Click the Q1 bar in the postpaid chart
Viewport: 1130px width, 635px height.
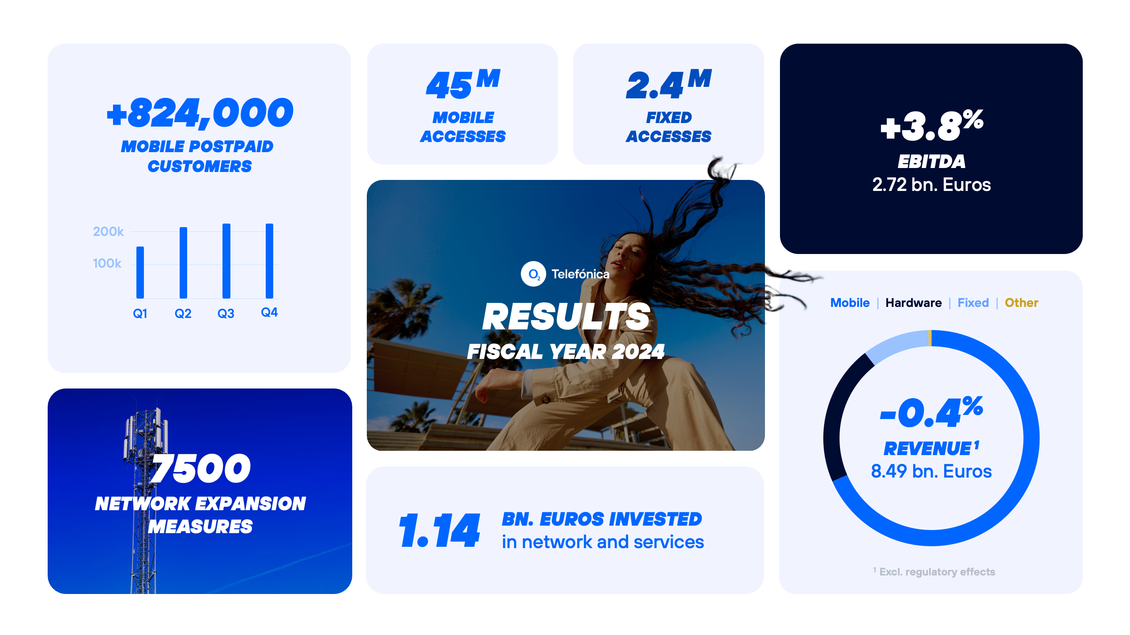click(x=140, y=272)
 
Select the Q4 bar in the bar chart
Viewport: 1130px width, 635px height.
click(x=269, y=261)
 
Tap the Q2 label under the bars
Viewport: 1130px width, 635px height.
click(x=183, y=314)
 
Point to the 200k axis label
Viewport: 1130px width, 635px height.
click(x=108, y=232)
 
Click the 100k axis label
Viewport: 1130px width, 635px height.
click(x=107, y=263)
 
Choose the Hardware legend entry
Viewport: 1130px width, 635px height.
click(x=913, y=303)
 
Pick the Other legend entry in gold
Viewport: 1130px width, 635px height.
click(x=1021, y=303)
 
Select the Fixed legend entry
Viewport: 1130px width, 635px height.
click(x=973, y=303)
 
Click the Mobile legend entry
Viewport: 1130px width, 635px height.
click(x=850, y=303)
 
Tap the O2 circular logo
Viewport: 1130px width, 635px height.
click(x=533, y=274)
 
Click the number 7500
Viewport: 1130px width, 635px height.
click(x=200, y=468)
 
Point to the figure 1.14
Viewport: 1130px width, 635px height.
click(x=439, y=530)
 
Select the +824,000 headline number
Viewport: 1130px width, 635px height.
click(x=200, y=113)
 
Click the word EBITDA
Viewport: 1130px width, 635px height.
click(x=931, y=162)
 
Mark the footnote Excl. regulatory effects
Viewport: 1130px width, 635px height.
click(x=937, y=572)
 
